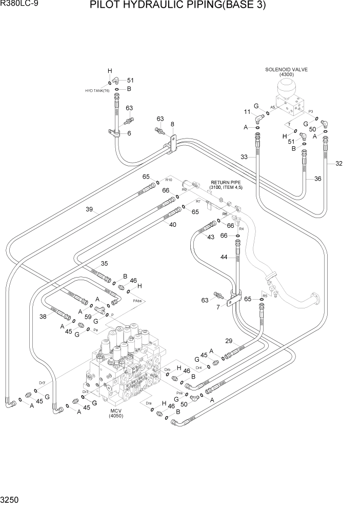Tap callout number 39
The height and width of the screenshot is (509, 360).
pos(89,209)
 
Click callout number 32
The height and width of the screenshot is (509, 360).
pos(338,164)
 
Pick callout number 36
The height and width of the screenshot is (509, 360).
pos(317,179)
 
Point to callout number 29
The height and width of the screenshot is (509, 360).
pos(228,341)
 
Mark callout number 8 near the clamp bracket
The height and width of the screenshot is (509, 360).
pos(172,124)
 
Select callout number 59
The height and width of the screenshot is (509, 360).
pos(88,317)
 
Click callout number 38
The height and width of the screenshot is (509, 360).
pos(43,317)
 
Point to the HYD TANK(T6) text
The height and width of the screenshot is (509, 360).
pos(97,90)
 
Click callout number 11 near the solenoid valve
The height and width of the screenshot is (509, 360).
pos(247,112)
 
